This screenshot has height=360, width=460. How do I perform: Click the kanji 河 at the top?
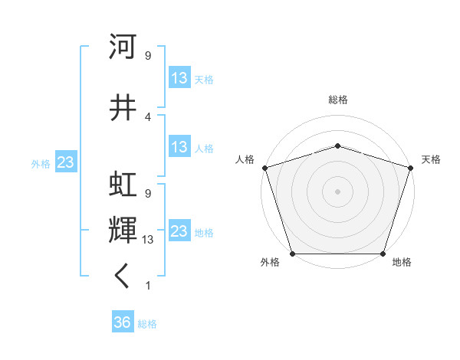pos(123,47)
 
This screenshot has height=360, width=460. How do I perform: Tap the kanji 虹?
pos(123,185)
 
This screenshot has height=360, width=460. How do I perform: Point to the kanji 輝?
pos(123,229)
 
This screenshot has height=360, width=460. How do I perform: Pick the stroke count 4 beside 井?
pos(148,117)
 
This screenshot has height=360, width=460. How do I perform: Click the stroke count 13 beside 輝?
pos(148,240)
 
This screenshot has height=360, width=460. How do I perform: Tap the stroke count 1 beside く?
pos(148,286)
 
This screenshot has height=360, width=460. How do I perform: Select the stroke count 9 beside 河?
pos(148,56)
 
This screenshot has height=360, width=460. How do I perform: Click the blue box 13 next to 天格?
pos(179,78)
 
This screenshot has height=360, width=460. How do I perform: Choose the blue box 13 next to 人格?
pos(179,147)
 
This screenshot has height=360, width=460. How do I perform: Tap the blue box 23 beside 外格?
pos(65,162)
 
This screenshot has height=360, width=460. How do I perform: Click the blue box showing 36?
pos(123,322)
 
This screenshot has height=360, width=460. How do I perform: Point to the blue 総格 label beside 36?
pos(147,323)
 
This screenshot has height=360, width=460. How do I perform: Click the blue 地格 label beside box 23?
pos(204,232)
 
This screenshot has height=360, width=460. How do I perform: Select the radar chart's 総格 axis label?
pos(337,100)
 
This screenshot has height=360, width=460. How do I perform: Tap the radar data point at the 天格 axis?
pos(410,167)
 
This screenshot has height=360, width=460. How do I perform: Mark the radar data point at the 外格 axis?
pos(292,254)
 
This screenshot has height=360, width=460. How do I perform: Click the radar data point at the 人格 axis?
pos(264,167)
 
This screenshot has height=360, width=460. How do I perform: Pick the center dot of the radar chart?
pos(337,191)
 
